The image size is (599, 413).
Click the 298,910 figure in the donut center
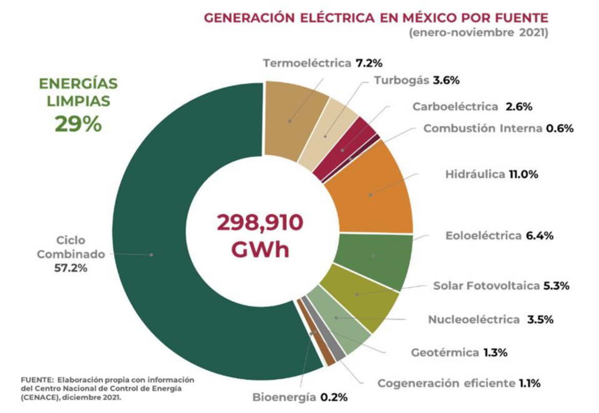point(261,224)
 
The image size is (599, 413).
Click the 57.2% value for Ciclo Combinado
point(70,268)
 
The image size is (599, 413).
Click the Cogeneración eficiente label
point(445,383)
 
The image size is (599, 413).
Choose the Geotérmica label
point(445,352)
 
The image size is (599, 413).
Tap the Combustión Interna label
point(482,128)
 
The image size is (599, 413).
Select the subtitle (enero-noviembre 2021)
point(478,34)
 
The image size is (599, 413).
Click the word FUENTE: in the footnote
point(37,380)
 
